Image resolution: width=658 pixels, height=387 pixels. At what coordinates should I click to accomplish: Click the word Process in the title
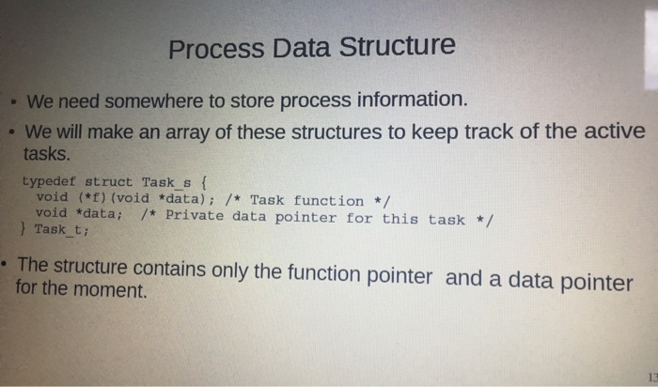pyautogui.click(x=216, y=49)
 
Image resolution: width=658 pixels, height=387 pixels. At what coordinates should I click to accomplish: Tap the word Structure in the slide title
pyautogui.click(x=397, y=46)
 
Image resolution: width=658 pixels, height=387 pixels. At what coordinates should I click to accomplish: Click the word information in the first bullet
pyautogui.click(x=412, y=100)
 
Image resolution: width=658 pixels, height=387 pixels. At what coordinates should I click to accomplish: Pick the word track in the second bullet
pyautogui.click(x=490, y=132)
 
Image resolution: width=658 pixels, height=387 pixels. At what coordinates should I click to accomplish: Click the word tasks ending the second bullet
pyautogui.click(x=46, y=154)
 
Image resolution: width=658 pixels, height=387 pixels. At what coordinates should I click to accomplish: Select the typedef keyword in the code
pyautogui.click(x=49, y=181)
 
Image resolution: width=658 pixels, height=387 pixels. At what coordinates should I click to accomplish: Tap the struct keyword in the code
pyautogui.click(x=108, y=182)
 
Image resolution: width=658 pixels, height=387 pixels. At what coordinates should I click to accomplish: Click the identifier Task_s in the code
pyautogui.click(x=166, y=183)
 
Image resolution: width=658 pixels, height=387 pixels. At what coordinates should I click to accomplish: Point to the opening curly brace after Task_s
pyautogui.click(x=204, y=183)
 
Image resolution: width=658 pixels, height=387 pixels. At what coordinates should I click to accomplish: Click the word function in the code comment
pyautogui.click(x=328, y=201)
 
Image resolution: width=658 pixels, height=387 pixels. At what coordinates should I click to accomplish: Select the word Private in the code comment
pyautogui.click(x=195, y=215)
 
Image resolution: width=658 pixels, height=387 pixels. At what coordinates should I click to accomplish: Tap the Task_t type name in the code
pyautogui.click(x=61, y=230)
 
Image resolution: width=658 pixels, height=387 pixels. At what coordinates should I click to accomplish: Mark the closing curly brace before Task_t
pyautogui.click(x=23, y=229)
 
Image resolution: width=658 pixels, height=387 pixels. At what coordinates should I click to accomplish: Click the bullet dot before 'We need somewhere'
pyautogui.click(x=14, y=101)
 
